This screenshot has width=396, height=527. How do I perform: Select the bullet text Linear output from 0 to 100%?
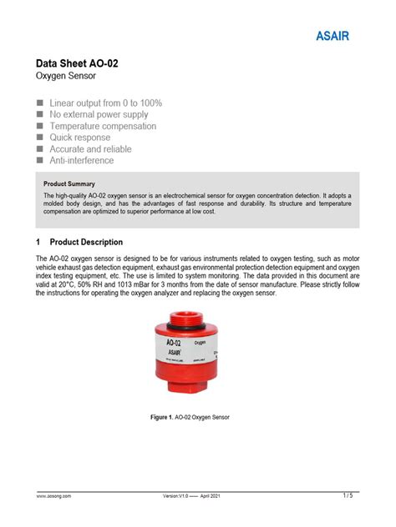tap(106, 103)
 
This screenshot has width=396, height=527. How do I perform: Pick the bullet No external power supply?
tap(99, 114)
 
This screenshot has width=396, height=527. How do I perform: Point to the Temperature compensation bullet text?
tap(103, 126)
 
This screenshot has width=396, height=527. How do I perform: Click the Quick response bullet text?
tap(80, 138)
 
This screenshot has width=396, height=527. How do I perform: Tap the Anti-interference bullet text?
tap(82, 161)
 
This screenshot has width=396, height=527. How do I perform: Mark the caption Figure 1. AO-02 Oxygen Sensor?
tap(189, 417)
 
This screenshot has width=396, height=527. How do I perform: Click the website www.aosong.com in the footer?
tap(53, 496)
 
